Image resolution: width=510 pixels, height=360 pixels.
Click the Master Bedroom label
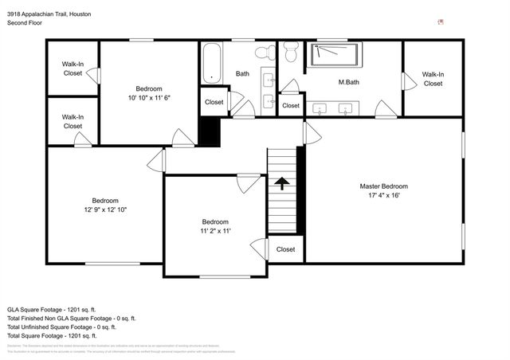[382, 186]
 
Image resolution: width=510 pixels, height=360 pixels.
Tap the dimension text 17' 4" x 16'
[382, 195]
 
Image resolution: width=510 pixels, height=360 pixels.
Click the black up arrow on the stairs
[281, 184]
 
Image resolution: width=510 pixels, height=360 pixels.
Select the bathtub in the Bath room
[211, 64]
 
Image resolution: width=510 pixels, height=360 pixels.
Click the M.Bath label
[347, 83]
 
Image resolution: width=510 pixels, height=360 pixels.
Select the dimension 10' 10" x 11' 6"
[148, 97]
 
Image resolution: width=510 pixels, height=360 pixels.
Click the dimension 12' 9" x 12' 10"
[105, 209]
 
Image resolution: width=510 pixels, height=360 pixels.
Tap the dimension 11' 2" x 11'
[215, 231]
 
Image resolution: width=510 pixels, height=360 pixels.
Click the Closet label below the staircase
[285, 249]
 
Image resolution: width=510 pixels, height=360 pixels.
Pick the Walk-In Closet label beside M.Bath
[433, 78]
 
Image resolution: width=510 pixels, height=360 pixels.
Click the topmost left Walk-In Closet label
[73, 68]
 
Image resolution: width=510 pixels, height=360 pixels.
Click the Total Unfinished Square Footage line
[61, 327]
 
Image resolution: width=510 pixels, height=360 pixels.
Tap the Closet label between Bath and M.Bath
[291, 105]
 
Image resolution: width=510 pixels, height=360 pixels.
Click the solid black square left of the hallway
[209, 131]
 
